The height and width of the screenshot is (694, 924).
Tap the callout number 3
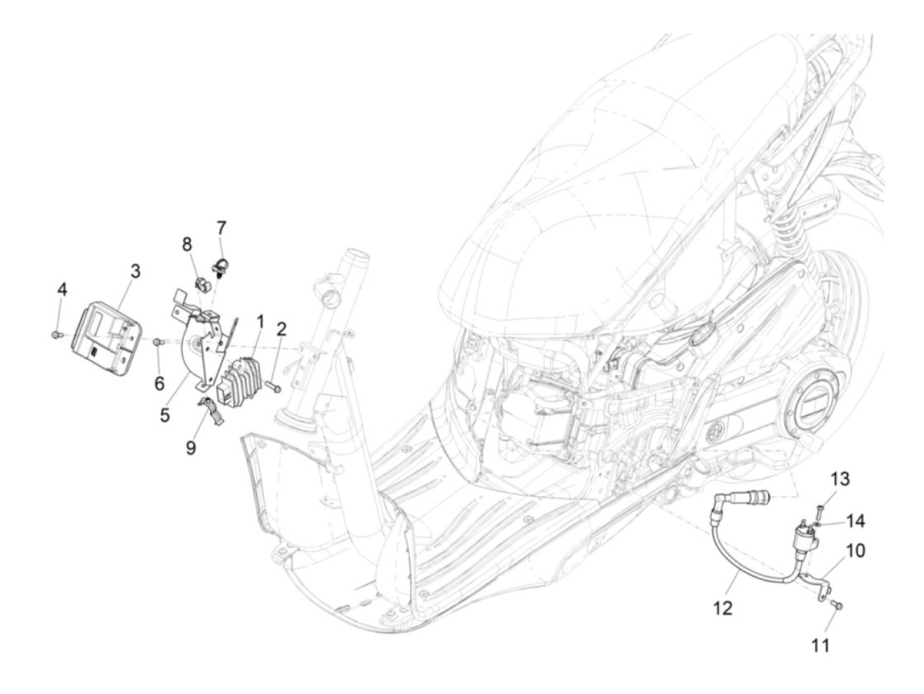point(135,271)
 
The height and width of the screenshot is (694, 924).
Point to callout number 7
point(221,228)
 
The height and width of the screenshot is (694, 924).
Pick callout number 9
point(191,448)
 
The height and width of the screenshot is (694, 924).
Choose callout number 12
point(723,608)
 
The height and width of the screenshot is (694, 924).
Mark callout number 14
point(855,521)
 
